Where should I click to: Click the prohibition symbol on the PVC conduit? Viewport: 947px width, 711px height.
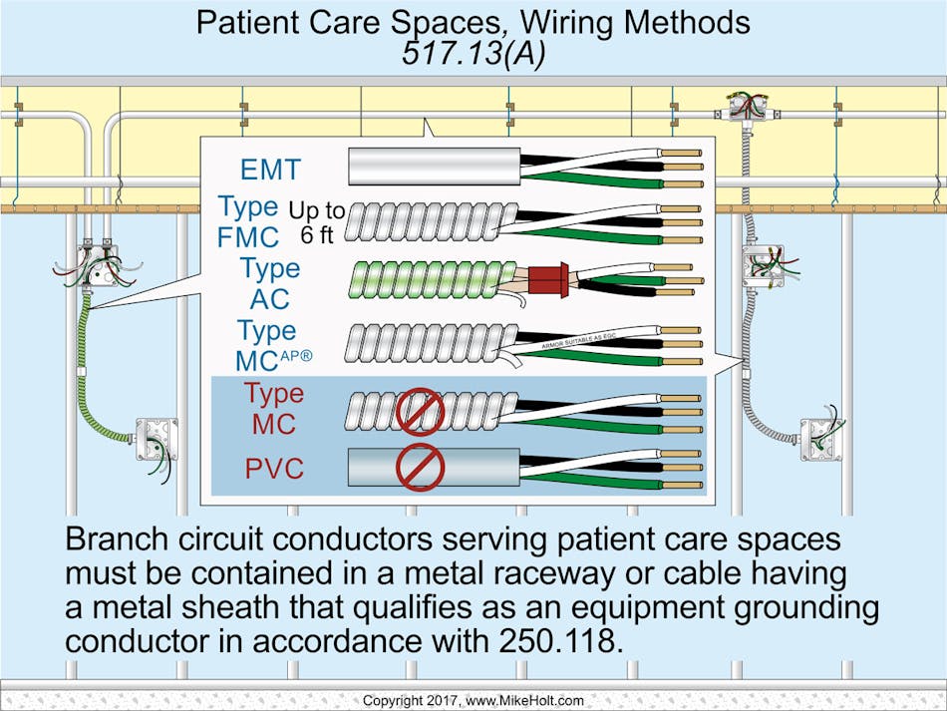420,468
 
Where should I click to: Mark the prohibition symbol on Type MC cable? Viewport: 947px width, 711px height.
420,410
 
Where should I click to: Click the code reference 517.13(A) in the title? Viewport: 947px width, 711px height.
473,55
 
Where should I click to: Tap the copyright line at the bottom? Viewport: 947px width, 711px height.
473,701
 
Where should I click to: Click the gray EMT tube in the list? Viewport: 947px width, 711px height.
435,166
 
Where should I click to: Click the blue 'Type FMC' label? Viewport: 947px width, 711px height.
249,222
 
